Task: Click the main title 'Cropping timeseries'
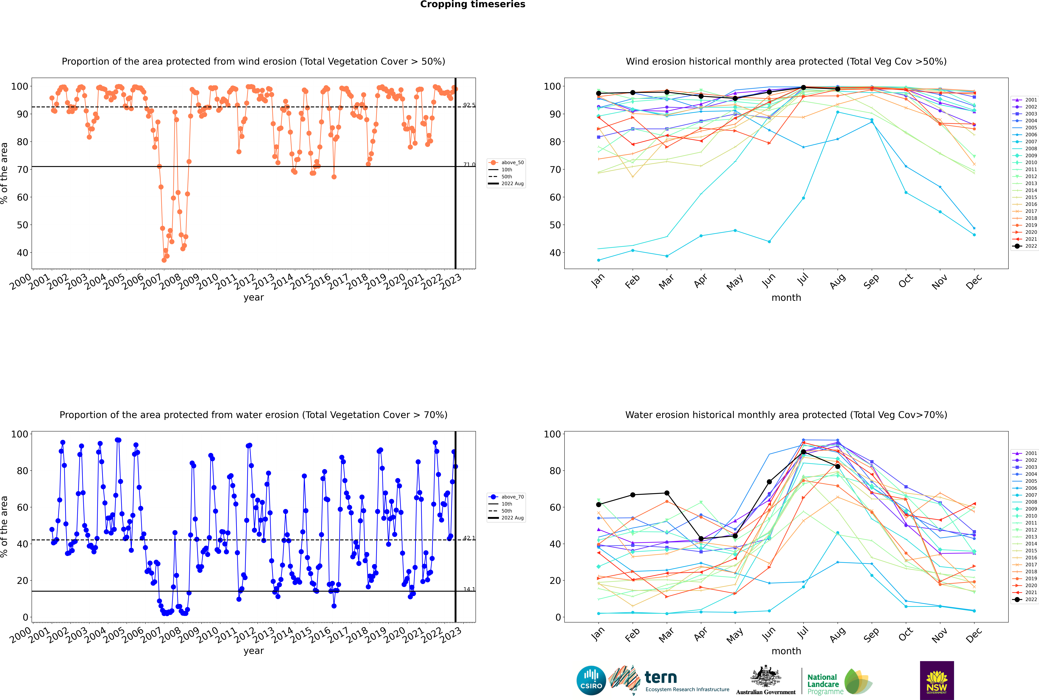(473, 4)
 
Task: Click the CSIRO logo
(591, 680)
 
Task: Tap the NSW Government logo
(937, 680)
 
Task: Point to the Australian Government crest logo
(766, 680)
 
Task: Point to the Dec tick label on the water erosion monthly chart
(974, 634)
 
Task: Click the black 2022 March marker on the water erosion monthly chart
(667, 493)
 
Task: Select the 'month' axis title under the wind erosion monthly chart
(786, 298)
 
